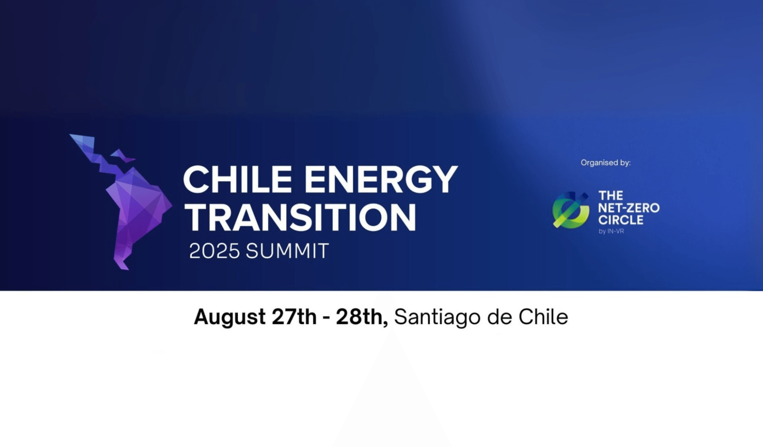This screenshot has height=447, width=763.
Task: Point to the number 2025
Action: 214,251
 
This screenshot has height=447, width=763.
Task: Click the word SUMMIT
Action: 287,251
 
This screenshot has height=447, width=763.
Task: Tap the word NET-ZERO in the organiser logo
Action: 629,208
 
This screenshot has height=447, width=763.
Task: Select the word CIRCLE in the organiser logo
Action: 621,220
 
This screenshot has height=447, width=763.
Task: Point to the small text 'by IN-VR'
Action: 611,231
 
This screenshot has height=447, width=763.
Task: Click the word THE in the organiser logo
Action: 610,196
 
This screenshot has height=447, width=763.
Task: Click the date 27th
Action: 294,317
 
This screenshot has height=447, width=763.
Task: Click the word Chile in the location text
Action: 543,317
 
